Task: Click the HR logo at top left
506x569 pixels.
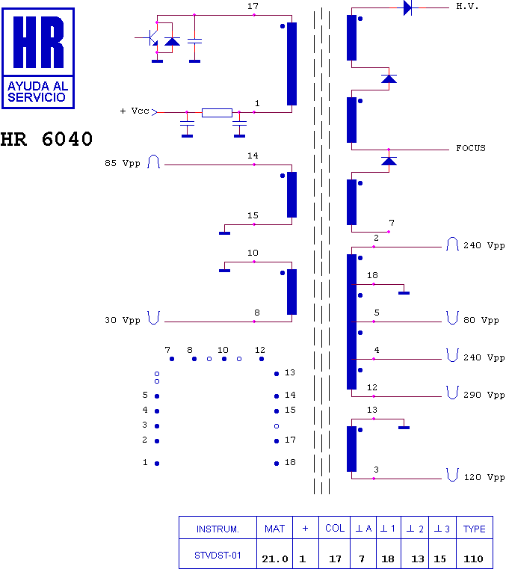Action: point(38,58)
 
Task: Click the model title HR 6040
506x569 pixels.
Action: point(46,139)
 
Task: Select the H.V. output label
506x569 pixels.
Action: point(467,7)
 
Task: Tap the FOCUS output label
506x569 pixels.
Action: point(470,148)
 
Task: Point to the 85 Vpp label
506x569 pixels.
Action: point(123,163)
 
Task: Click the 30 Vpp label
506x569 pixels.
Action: point(123,320)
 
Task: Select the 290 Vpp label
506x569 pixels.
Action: point(484,395)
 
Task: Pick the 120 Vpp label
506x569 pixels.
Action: point(484,477)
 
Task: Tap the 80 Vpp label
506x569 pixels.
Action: point(481,320)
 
